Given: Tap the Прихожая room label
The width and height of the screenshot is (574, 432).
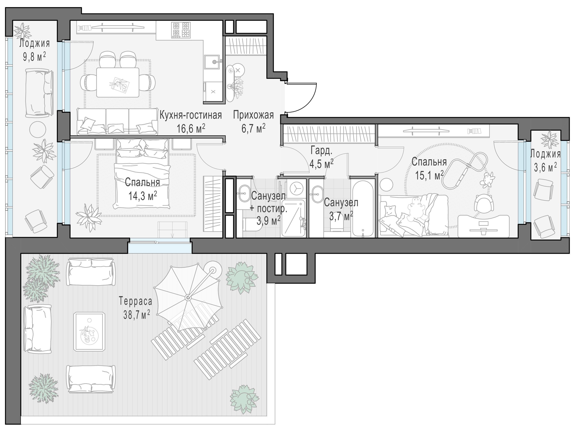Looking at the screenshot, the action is click(253, 115).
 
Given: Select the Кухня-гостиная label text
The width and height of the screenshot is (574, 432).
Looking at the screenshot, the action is click(190, 115).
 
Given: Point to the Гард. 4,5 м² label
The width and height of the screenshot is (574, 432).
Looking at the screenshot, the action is click(321, 157).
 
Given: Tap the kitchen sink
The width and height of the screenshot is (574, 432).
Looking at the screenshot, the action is click(213, 62).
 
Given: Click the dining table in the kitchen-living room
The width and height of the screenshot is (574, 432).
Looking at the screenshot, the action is click(118, 82).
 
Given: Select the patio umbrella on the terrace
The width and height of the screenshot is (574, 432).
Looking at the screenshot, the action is click(188, 298).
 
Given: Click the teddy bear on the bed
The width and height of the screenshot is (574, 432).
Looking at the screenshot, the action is click(416, 210).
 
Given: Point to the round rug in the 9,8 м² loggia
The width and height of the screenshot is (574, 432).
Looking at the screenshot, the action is click(37, 129).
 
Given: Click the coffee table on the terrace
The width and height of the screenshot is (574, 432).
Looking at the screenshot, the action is click(89, 331).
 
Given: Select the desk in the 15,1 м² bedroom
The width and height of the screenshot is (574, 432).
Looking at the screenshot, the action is click(480, 226).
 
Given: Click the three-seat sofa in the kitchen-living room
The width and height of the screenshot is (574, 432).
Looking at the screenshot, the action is click(117, 121).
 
